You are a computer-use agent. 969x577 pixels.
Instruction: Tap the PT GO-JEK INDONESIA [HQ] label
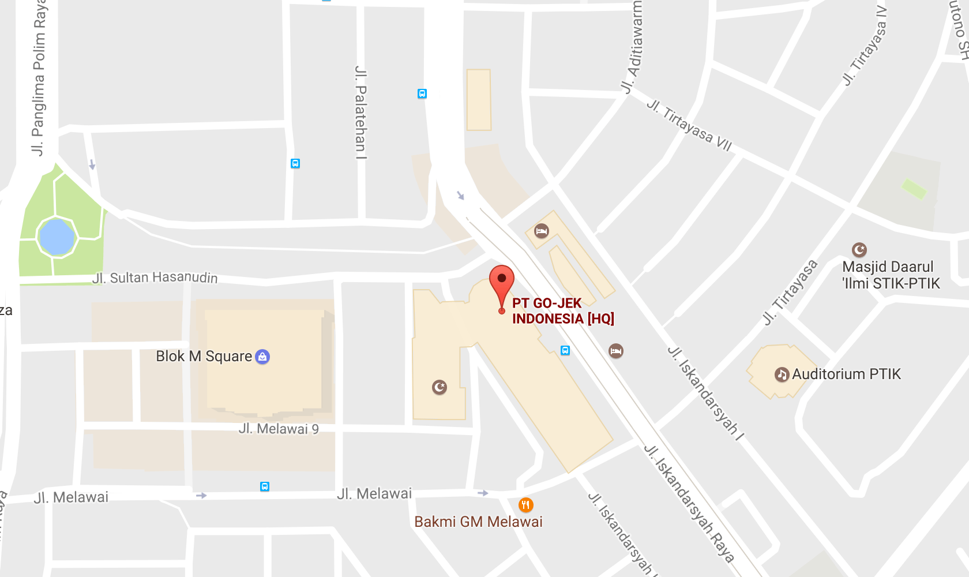pos(563,311)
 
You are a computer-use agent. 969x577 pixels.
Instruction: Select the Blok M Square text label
pos(204,357)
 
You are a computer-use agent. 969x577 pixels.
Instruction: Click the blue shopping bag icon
pos(262,357)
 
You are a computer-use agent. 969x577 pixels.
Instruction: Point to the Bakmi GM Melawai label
pos(478,522)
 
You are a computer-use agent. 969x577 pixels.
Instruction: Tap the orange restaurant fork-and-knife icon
pos(525,505)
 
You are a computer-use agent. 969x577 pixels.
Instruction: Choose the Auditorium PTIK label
pos(846,374)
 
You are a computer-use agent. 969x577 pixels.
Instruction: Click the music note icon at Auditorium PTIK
pos(782,374)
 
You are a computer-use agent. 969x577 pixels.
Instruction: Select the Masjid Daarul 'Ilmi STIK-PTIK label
pos(891,275)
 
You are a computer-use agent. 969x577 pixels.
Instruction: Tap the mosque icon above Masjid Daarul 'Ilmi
pos(859,249)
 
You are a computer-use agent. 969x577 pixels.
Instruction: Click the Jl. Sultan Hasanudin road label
pos(155,278)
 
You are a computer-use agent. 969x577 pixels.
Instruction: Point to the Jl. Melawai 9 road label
pos(279,429)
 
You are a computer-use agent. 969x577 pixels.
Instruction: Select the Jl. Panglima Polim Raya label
pos(39,78)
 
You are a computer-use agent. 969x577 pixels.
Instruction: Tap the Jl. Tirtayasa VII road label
pos(689,125)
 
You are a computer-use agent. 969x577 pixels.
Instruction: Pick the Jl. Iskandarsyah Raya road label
pos(689,503)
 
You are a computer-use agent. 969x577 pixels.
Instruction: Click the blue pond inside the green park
pos(56,237)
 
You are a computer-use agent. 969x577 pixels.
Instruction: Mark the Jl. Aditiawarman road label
pos(632,46)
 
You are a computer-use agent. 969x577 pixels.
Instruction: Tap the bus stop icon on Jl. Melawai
pos(265,486)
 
